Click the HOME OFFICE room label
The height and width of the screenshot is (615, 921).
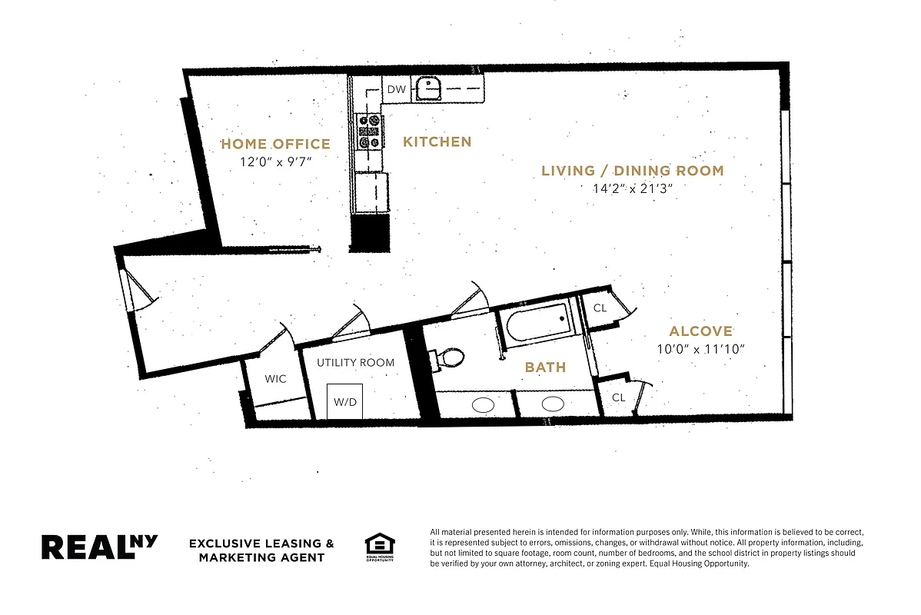[x=275, y=144]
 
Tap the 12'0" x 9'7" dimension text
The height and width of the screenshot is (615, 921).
[x=275, y=161]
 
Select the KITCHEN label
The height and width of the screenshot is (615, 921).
[x=437, y=141]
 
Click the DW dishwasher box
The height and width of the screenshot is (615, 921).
[x=396, y=89]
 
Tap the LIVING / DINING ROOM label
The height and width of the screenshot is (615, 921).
[x=632, y=171]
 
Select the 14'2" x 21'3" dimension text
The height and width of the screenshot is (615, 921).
[x=632, y=188]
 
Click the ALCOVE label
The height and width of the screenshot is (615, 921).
[x=700, y=331]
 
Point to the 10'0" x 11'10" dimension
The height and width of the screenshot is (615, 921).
[x=700, y=348]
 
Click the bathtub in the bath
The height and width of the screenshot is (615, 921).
[x=538, y=321]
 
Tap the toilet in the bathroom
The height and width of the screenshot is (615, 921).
[x=449, y=358]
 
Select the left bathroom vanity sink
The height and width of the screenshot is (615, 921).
[x=483, y=404]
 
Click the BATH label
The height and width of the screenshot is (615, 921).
[x=545, y=367]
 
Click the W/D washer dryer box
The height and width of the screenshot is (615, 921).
[x=345, y=401]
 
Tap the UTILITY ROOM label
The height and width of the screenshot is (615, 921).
[x=355, y=362]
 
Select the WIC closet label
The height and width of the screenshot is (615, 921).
[x=276, y=379]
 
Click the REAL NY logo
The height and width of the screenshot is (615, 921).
[x=99, y=547]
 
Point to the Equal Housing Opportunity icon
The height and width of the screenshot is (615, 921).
[x=379, y=547]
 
